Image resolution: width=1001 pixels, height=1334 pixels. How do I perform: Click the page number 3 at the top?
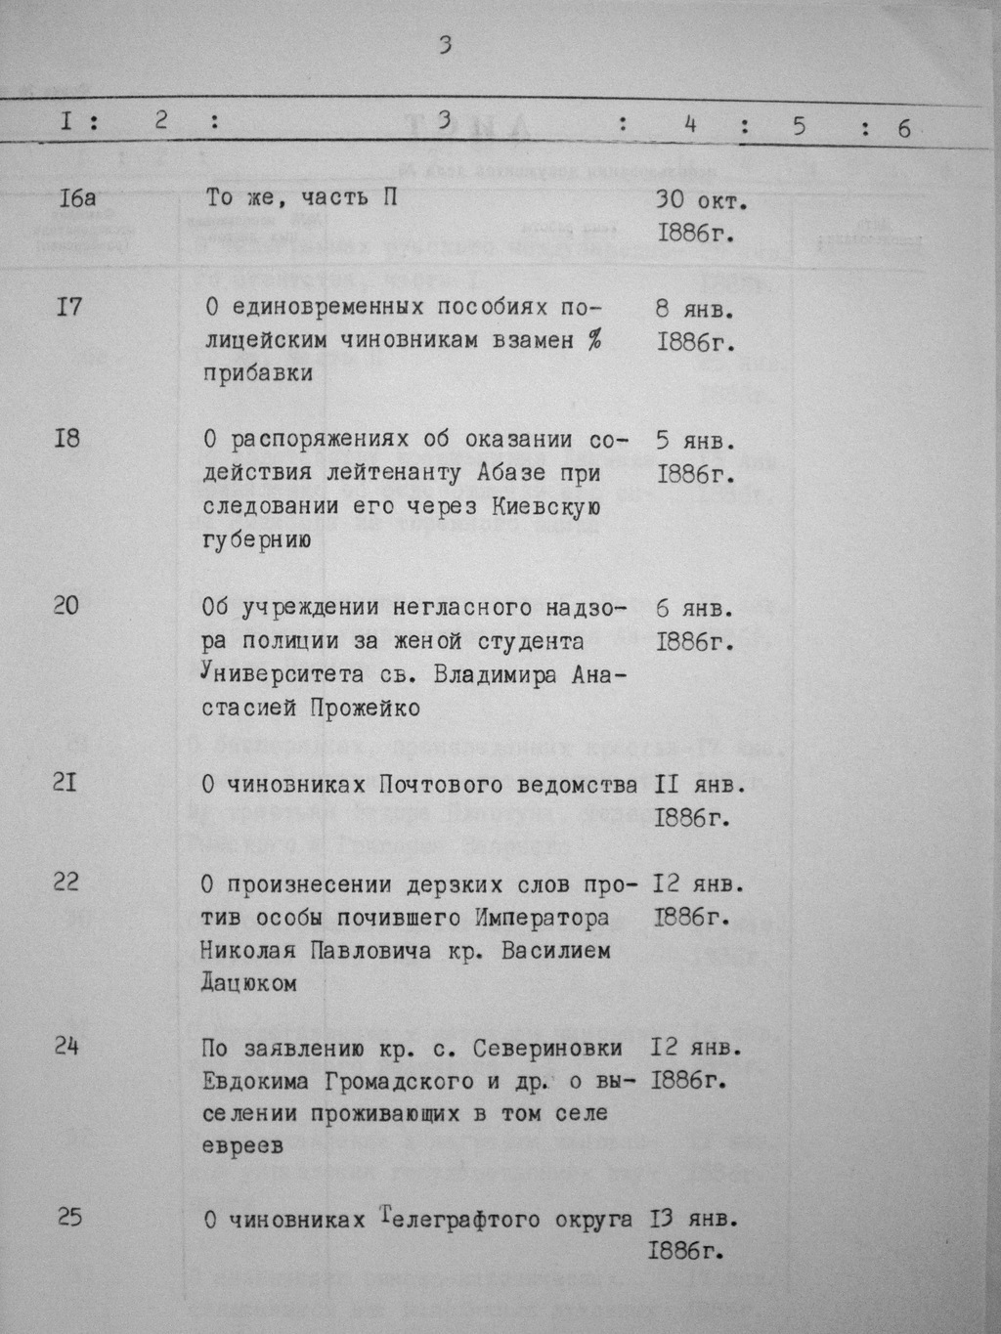tap(445, 45)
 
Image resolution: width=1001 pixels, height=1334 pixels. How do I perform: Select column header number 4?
tap(690, 124)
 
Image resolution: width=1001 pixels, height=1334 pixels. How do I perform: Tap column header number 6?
tap(903, 128)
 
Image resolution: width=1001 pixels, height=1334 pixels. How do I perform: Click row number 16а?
tap(77, 198)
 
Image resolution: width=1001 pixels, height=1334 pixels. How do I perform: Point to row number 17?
tap(69, 307)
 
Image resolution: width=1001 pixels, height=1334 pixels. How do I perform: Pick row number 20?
tap(66, 606)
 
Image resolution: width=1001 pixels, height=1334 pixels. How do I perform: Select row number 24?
tap(65, 1047)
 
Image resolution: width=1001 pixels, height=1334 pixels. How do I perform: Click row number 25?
tap(68, 1217)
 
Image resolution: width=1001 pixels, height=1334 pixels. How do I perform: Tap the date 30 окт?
tap(701, 202)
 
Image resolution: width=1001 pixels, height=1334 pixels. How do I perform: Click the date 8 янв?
tap(695, 310)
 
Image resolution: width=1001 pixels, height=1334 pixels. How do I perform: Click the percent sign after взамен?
tap(593, 340)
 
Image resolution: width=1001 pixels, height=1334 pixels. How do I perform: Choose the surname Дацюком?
tap(248, 983)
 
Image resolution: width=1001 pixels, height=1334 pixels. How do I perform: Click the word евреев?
tap(242, 1146)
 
